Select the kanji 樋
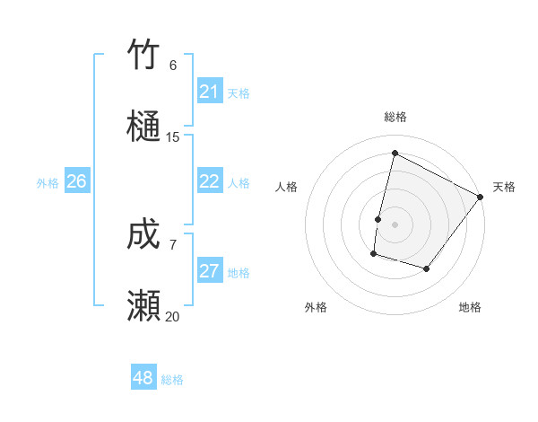143,126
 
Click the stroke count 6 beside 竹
173,66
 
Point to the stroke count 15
173,137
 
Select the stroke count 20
173,317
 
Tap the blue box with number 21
210,92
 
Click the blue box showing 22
210,181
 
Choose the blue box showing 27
210,271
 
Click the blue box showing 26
76,181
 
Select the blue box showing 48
143,378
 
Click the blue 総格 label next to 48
172,380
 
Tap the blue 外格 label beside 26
48,183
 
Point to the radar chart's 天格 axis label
504,187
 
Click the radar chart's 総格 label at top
395,118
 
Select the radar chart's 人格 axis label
287,187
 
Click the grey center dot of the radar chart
395,224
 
